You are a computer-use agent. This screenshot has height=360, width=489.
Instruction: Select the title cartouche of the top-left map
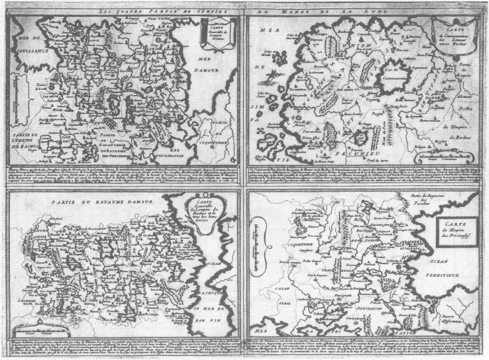pos(214,31)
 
